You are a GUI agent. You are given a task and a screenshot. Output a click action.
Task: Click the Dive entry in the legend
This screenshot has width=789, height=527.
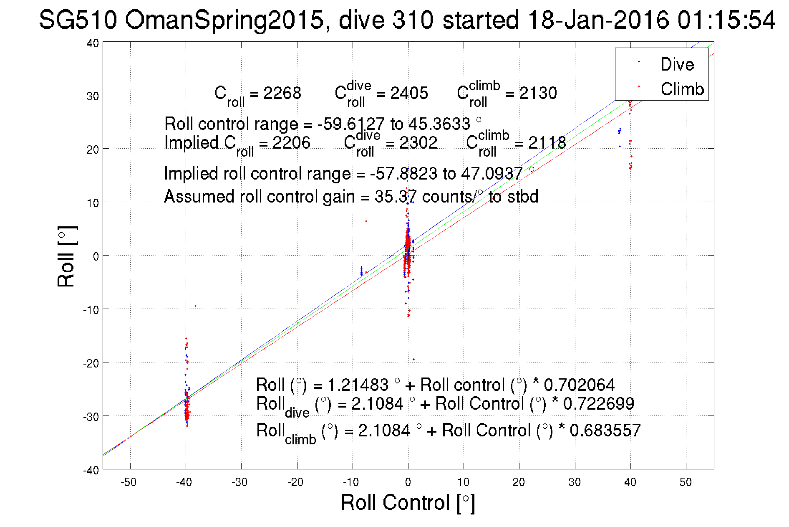pos(677,64)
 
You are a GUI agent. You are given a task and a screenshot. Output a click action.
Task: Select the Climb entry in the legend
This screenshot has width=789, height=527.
pos(682,89)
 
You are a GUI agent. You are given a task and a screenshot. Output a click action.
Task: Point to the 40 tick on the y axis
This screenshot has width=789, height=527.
pos(93,43)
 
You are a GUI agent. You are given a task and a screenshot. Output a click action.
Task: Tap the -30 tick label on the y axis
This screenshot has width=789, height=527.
pos(91,417)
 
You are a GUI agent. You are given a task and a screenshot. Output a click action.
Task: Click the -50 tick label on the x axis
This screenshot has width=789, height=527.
pos(129,482)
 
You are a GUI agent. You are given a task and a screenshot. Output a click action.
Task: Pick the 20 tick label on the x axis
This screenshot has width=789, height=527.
pos(519,482)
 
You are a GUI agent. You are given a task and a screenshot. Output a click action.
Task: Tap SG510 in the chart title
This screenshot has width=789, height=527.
pos(78,20)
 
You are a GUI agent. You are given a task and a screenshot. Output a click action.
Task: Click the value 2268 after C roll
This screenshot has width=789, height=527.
pos(282,93)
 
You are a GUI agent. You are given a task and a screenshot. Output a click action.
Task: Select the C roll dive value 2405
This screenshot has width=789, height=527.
pos(409,93)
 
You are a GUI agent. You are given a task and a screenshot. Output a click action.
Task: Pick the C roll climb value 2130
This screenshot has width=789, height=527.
pos(538,93)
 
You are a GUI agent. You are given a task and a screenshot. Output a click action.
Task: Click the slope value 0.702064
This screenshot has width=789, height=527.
pos(579,385)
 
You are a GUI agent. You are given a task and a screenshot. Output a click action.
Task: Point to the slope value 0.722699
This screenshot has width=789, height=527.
pos(598,404)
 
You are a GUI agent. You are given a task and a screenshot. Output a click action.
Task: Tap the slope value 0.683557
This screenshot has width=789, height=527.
pos(605,431)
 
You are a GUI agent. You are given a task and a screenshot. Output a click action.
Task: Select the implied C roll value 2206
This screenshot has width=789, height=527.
pos(291,143)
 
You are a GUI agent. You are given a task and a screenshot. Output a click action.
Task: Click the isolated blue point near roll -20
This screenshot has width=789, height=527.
pos(413,359)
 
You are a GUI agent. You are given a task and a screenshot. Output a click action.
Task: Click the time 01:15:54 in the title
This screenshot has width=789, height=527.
pos(726,20)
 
